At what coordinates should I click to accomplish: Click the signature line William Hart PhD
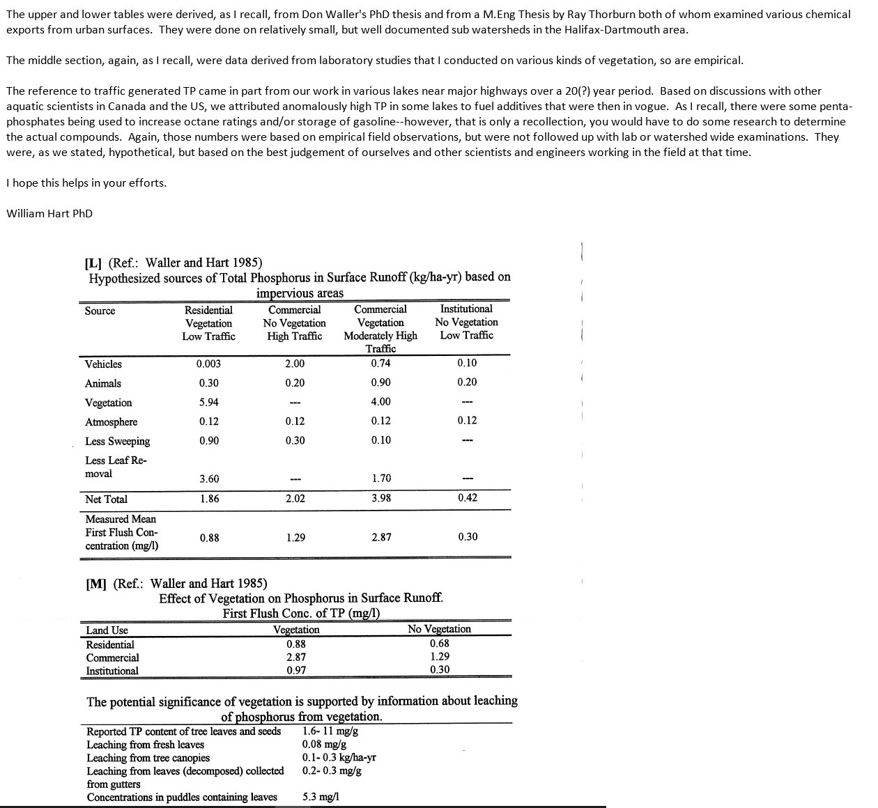coord(49,213)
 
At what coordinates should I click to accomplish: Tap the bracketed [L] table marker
coord(93,263)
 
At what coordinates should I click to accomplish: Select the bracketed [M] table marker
coord(95,584)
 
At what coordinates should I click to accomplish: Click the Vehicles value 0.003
coord(208,364)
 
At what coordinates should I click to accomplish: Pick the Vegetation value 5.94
coord(208,402)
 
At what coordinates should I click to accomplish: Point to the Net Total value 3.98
coord(380,498)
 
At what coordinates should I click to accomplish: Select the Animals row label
coord(102,383)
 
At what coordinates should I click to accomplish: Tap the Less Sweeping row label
coord(117,441)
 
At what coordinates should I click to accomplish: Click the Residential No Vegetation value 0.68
coord(439,643)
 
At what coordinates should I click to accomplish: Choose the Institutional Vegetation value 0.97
coord(295,670)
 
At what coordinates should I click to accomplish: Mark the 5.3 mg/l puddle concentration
coord(321,797)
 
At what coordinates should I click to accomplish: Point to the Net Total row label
coord(106,499)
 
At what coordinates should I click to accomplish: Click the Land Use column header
coord(107,630)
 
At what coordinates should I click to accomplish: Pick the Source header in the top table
coord(100,311)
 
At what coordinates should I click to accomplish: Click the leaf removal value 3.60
coord(208,479)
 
